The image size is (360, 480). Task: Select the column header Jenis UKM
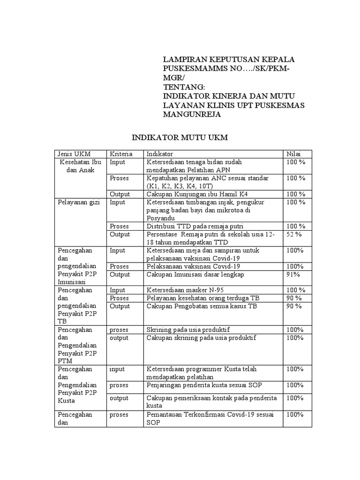tap(74, 154)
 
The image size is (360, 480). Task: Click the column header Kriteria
tap(121, 154)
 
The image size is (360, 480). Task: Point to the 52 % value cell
tap(294, 234)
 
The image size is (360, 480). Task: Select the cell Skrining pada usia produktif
tap(195, 330)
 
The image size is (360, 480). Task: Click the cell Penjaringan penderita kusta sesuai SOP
tap(204, 385)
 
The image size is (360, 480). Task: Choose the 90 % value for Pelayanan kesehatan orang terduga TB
tap(294, 298)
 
